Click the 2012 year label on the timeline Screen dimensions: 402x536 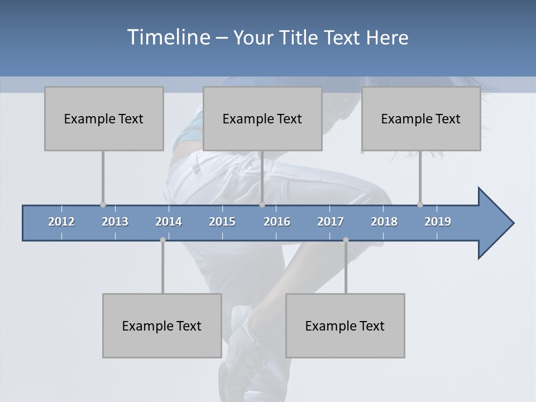click(x=61, y=222)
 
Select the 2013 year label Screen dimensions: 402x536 click(x=115, y=222)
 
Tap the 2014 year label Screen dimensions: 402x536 click(x=169, y=222)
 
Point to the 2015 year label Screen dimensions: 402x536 click(x=222, y=222)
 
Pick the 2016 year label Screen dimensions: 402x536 click(x=277, y=222)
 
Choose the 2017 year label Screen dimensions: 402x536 click(x=331, y=222)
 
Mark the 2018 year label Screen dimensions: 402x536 click(x=384, y=222)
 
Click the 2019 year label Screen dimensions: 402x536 click(x=438, y=222)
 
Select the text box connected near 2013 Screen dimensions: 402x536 click(x=104, y=118)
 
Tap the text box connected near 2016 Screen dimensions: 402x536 click(x=262, y=118)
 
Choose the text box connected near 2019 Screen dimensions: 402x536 click(x=421, y=118)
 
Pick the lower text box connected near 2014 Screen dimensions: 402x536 click(x=162, y=326)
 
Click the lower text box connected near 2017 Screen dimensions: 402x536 click(x=345, y=326)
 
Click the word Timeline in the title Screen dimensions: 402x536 click(x=167, y=37)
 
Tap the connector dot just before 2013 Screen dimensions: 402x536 click(x=103, y=204)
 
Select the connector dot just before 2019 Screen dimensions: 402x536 click(x=420, y=204)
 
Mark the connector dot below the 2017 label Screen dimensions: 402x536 click(x=346, y=240)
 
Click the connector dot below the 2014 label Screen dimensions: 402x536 click(x=162, y=240)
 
